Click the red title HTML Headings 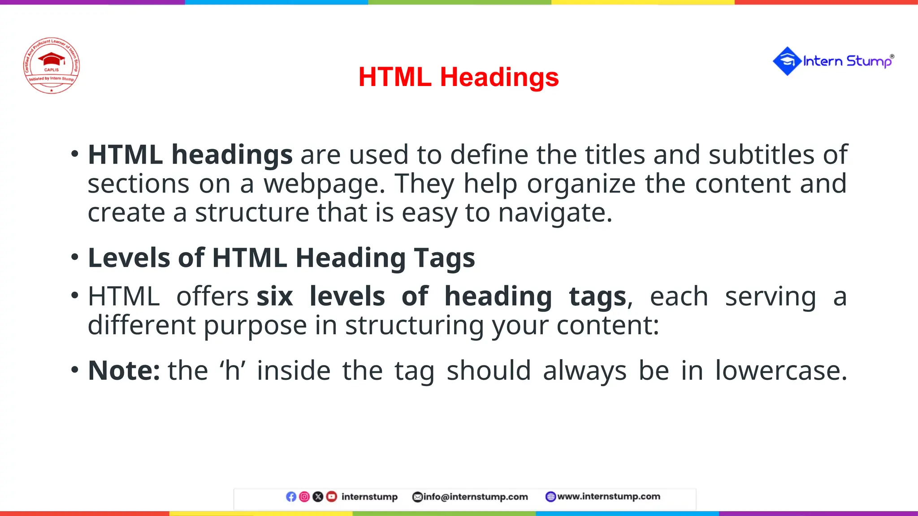(459, 77)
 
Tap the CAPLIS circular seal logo (52, 65)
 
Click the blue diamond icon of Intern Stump (787, 61)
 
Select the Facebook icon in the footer (291, 497)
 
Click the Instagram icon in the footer (304, 497)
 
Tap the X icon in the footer (318, 497)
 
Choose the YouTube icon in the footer (332, 497)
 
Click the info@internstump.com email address (475, 497)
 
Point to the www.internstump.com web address (608, 496)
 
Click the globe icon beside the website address (550, 497)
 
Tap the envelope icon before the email (417, 497)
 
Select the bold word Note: (124, 371)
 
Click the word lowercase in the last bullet (780, 371)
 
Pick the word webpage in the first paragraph (324, 184)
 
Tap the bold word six (275, 297)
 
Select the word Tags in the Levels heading (444, 258)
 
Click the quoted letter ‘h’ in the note (232, 371)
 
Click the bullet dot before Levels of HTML (75, 257)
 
